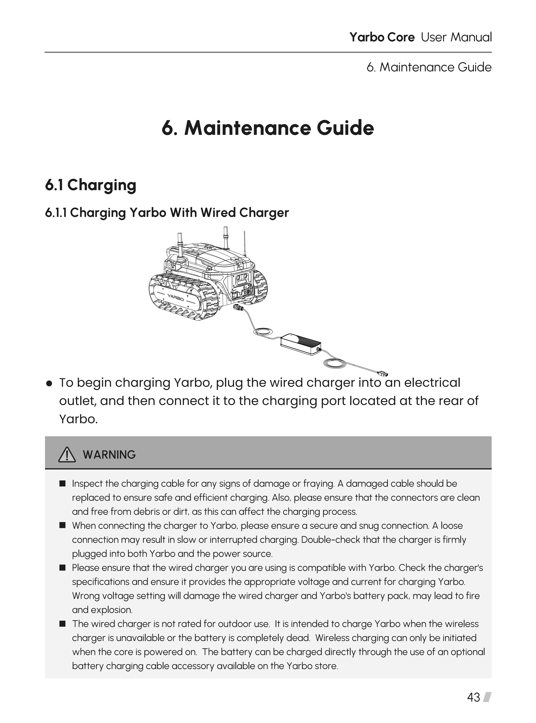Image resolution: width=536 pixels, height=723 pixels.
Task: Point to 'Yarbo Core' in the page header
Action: point(382,37)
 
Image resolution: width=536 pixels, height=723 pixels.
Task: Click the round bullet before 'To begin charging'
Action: point(49,384)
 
